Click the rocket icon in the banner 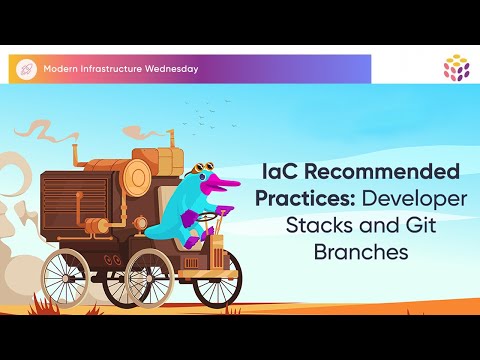(x=26, y=69)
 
